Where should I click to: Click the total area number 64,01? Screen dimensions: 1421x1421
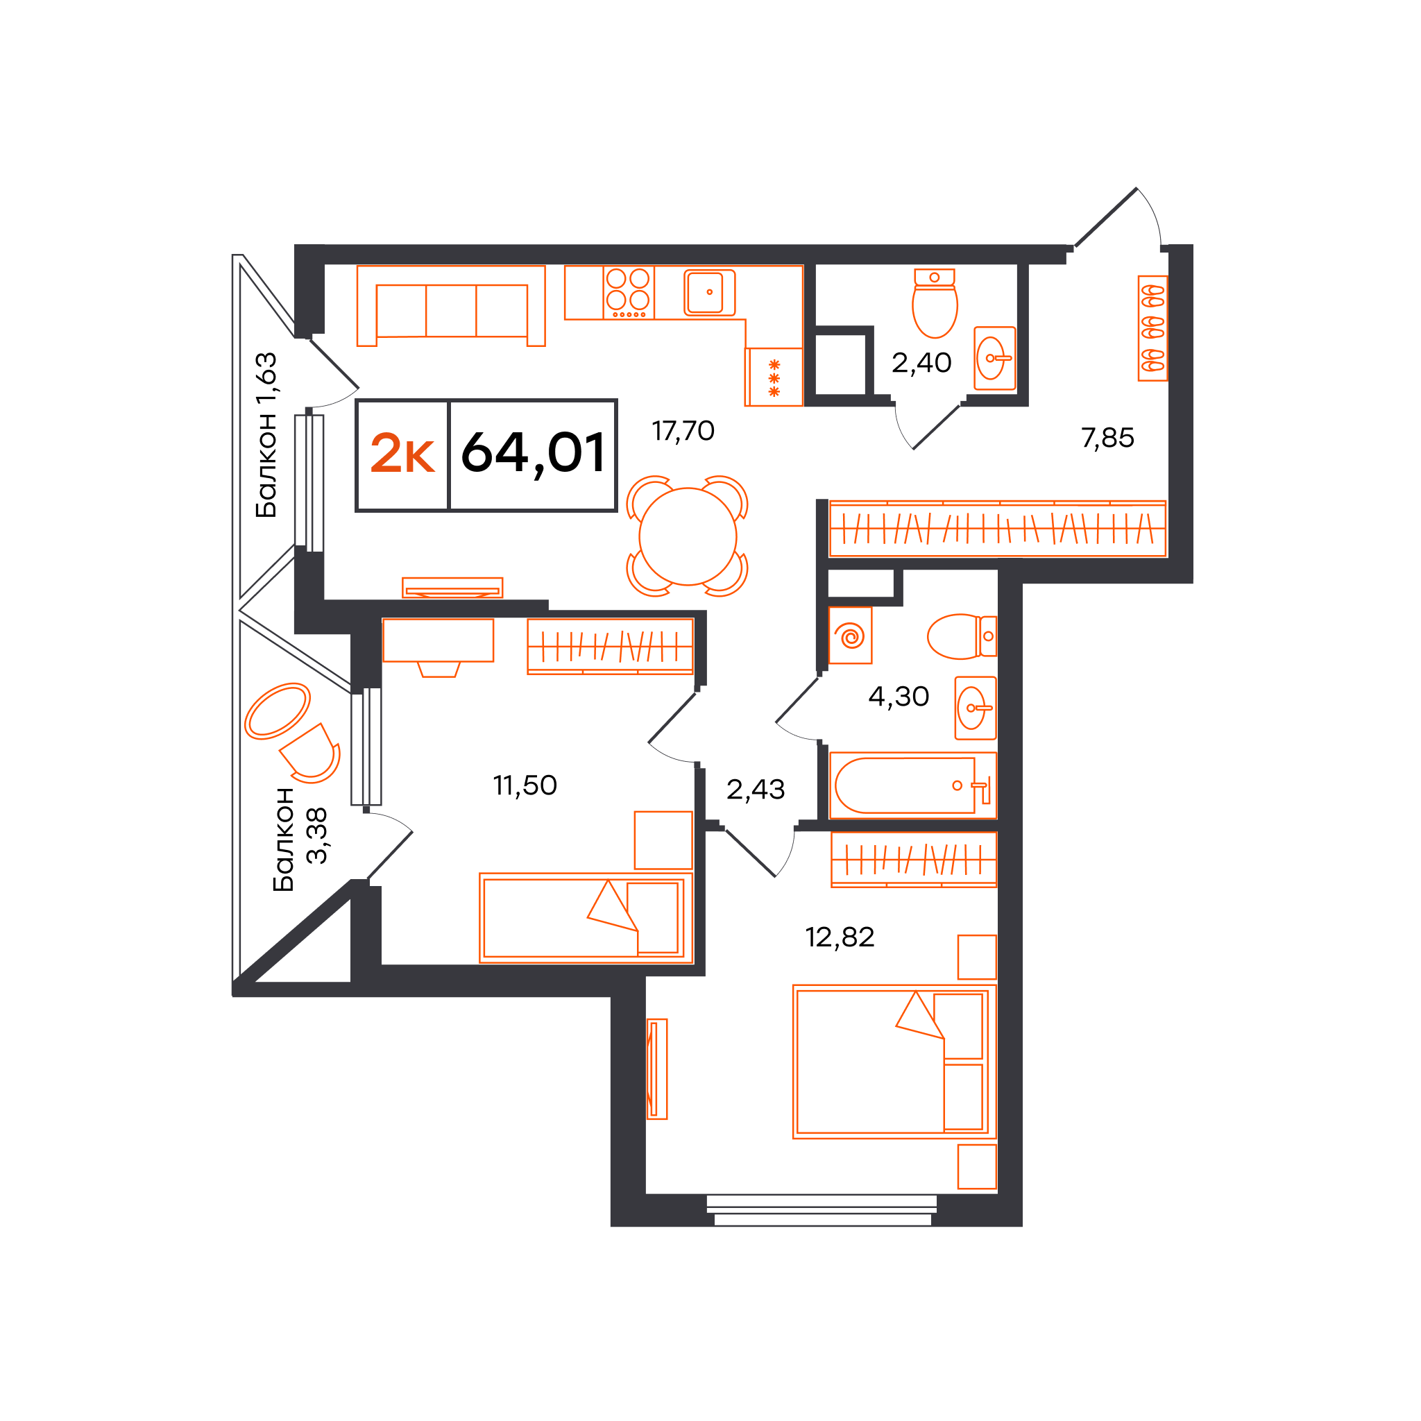(532, 453)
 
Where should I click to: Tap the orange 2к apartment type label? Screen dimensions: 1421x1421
(402, 453)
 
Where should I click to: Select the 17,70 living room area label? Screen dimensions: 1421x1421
(683, 431)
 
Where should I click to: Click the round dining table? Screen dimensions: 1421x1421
(688, 536)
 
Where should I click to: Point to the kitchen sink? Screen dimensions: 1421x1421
(710, 293)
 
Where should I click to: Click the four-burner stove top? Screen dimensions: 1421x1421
(628, 292)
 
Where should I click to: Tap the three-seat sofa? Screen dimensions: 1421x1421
(451, 305)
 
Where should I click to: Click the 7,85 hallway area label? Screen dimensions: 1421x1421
(1107, 438)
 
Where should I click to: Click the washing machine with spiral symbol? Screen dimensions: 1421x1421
(850, 636)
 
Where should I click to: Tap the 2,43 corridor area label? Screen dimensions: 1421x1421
(756, 789)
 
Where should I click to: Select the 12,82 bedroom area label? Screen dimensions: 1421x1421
(840, 937)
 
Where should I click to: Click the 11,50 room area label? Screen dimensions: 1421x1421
(525, 785)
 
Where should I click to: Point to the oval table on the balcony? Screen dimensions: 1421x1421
(278, 710)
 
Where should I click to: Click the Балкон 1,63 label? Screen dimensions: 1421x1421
(266, 436)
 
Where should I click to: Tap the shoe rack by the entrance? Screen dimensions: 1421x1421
(1152, 328)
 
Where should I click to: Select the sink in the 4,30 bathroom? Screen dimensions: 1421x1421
(976, 708)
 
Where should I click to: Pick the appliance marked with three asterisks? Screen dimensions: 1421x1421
(774, 377)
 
